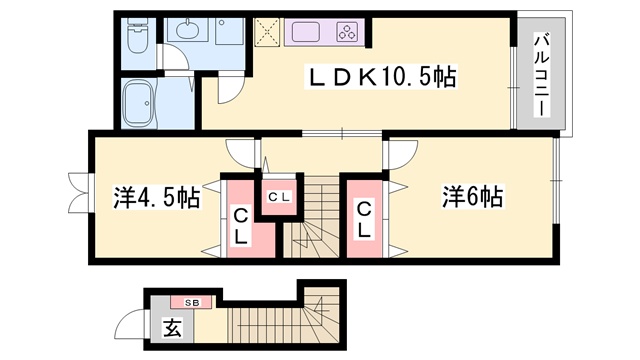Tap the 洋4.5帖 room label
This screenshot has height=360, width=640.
(157, 198)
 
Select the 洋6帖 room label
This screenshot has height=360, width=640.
(472, 196)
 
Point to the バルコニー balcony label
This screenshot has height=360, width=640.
(542, 75)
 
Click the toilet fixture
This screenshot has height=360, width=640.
(137, 36)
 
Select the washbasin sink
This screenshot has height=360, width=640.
(188, 30)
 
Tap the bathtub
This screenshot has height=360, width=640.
(139, 104)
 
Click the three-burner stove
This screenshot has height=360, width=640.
(347, 32)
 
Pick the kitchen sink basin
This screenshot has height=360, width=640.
(305, 32)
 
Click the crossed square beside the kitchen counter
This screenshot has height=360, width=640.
(267, 32)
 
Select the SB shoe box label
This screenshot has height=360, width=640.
(191, 303)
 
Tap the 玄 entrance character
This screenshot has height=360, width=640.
(172, 327)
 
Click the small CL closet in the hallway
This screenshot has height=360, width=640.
(279, 196)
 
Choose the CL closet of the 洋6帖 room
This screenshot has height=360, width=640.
(364, 220)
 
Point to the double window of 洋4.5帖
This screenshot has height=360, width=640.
(80, 193)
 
